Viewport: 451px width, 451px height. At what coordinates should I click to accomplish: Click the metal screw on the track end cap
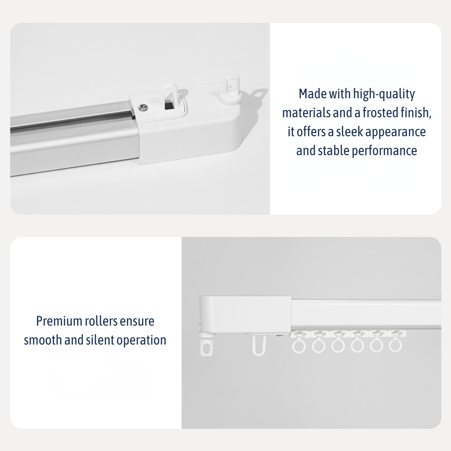click(x=143, y=108)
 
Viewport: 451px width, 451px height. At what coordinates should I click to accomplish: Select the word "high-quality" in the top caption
click(x=384, y=94)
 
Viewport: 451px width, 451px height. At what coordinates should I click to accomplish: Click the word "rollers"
click(x=101, y=321)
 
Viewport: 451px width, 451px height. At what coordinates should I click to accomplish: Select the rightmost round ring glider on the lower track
click(x=395, y=346)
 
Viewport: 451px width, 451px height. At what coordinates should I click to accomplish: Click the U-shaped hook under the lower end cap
click(x=258, y=345)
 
